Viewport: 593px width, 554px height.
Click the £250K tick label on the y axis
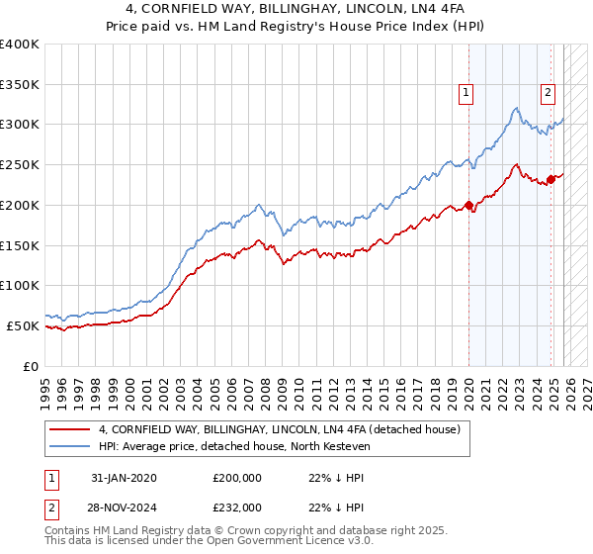[x=20, y=165]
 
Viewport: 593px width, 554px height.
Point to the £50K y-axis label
[x=23, y=325]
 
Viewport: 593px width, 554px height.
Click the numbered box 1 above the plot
[x=465, y=94]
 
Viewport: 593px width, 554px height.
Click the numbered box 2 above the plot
[x=547, y=94]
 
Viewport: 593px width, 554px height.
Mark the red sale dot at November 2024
[x=551, y=180]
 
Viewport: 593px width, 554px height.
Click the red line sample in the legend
[x=71, y=430]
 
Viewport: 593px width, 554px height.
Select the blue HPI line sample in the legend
[x=71, y=447]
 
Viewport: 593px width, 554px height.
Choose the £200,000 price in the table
[x=237, y=478]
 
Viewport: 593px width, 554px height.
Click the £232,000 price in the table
[x=237, y=506]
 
